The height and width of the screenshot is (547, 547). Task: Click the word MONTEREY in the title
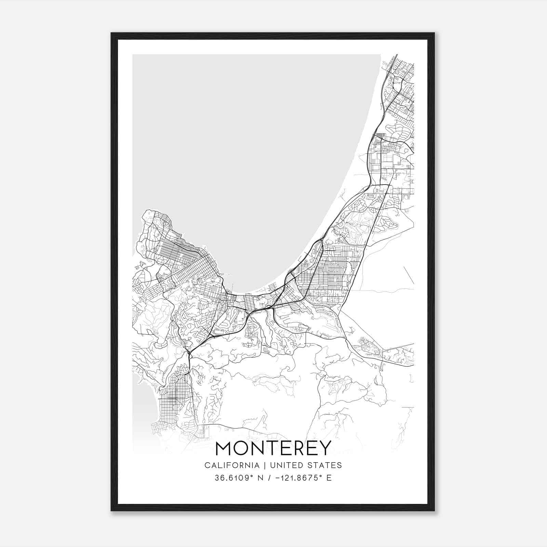click(273, 448)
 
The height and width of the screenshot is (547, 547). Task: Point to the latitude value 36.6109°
click(234, 478)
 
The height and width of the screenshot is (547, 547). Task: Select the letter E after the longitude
click(329, 478)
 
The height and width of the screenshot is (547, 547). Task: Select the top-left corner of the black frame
click(111, 33)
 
